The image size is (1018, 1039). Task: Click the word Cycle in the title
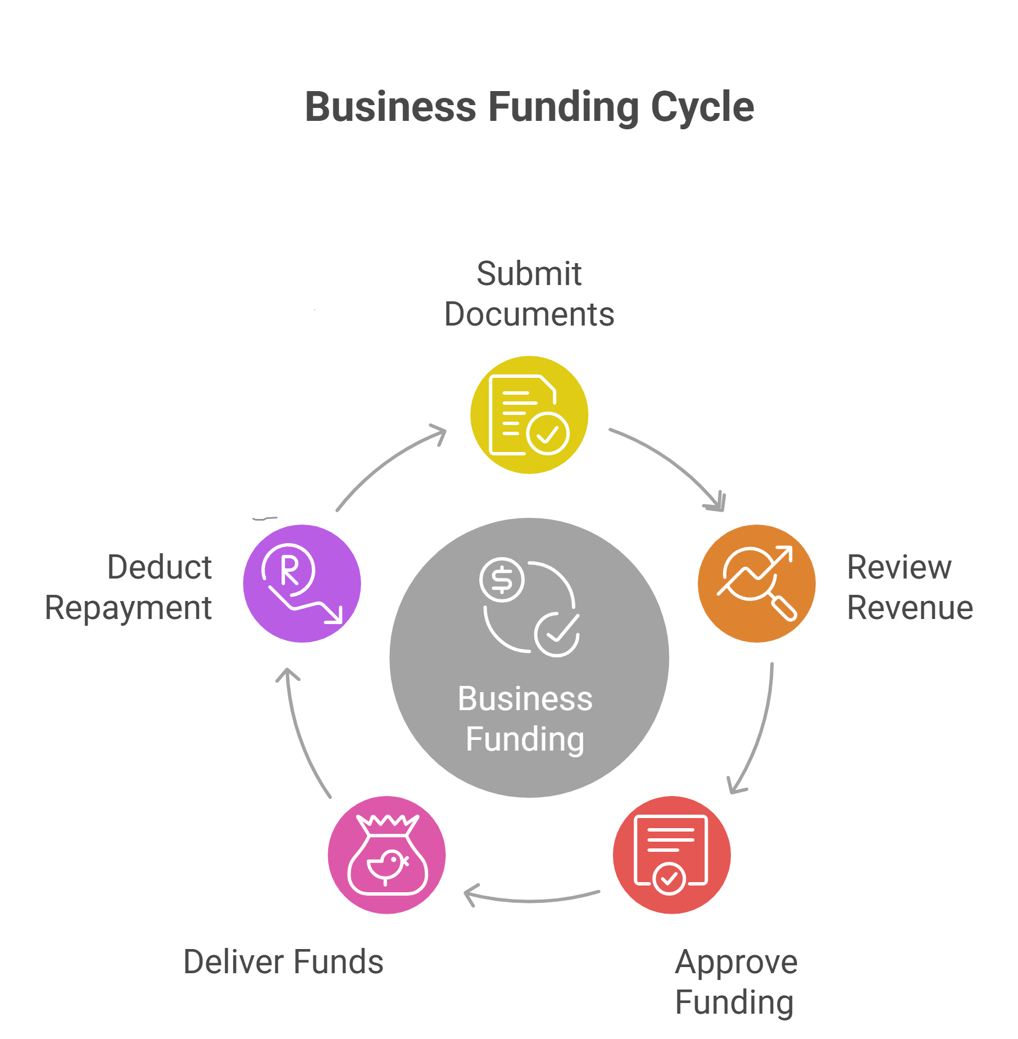click(702, 107)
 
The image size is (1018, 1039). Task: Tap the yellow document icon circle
click(529, 415)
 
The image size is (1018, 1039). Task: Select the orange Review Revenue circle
click(756, 583)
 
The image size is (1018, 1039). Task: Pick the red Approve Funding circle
click(671, 855)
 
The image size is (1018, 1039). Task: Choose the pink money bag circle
click(387, 855)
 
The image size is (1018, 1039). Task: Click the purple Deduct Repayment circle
click(302, 583)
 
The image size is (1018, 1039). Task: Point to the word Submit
click(529, 274)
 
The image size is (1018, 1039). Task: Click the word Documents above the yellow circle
click(529, 314)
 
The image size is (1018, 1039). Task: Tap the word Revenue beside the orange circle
click(910, 608)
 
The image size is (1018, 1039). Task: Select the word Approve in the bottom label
click(736, 962)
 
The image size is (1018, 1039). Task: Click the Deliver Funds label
click(283, 961)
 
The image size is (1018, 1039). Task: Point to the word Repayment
click(128, 608)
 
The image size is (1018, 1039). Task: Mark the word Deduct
click(160, 567)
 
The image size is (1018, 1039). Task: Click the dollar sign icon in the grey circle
click(502, 580)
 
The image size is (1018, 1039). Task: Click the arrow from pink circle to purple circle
click(300, 731)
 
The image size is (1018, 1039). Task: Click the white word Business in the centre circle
click(525, 699)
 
